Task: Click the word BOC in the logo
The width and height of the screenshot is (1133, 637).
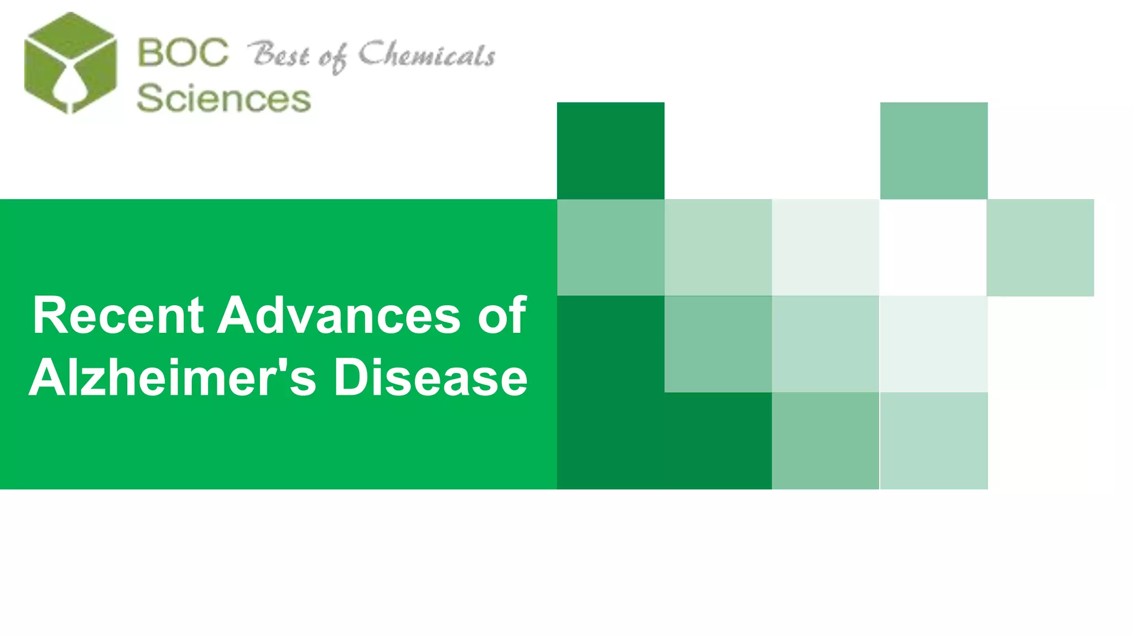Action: pyautogui.click(x=182, y=53)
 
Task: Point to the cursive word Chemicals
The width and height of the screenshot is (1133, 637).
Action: pyautogui.click(x=427, y=55)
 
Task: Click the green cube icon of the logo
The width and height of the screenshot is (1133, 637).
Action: pyautogui.click(x=70, y=62)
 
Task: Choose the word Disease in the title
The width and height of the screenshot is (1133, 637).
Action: pyautogui.click(x=430, y=378)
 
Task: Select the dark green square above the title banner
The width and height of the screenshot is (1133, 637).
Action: pyautogui.click(x=610, y=150)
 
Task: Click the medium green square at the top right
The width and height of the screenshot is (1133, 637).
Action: pyautogui.click(x=933, y=150)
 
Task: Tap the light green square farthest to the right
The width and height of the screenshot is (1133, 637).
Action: pyautogui.click(x=1040, y=247)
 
